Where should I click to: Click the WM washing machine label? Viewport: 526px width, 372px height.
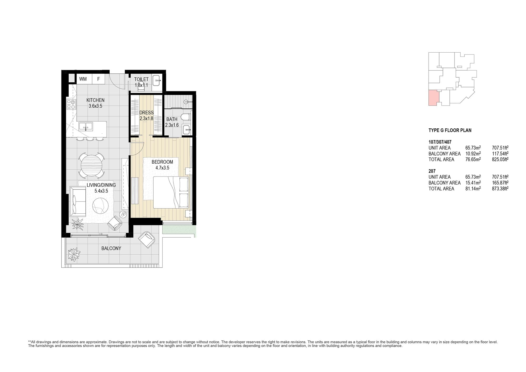(83, 79)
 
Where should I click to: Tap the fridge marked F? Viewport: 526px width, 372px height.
(99, 79)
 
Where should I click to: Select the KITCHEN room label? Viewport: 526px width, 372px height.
(95, 100)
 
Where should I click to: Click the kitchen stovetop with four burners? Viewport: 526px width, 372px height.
(71, 104)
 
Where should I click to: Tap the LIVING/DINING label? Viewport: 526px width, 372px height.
(101, 185)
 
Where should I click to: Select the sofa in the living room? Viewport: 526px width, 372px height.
(78, 201)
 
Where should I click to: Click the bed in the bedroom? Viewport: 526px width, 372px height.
(171, 193)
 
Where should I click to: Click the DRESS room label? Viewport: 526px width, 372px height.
(146, 113)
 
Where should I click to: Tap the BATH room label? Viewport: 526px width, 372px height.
(172, 119)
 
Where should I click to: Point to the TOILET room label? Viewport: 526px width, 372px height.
(141, 79)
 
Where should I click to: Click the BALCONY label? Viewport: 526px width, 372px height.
(111, 248)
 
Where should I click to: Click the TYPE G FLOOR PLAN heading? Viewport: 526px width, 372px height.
(450, 130)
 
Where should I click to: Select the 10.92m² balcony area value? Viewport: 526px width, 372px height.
(473, 154)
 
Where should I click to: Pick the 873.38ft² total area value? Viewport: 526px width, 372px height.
(500, 189)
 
